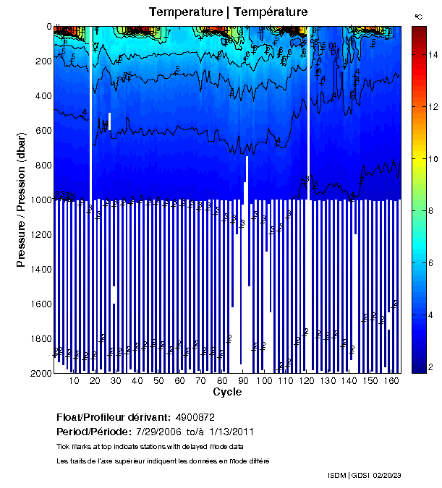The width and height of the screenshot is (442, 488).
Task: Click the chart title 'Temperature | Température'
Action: point(228,12)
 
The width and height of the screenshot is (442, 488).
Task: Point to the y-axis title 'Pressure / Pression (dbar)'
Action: point(21,200)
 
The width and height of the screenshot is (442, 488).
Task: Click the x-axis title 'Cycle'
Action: point(227,392)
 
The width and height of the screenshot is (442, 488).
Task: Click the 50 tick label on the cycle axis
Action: point(158,381)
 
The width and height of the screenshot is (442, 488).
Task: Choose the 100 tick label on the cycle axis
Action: point(265,381)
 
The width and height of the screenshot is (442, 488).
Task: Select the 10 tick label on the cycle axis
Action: point(74,381)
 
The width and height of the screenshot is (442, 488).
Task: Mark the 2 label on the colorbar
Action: point(432,368)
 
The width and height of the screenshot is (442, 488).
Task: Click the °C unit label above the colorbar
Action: point(418,15)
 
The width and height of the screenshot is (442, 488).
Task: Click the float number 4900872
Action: point(195,418)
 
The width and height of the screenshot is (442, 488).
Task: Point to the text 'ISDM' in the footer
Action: point(337,475)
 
